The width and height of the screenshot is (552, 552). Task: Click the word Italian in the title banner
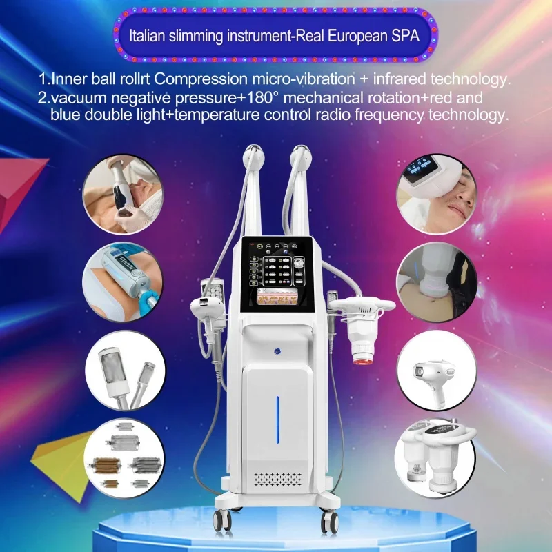pyautogui.click(x=149, y=37)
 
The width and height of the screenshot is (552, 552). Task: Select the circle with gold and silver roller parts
pyautogui.click(x=122, y=457)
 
